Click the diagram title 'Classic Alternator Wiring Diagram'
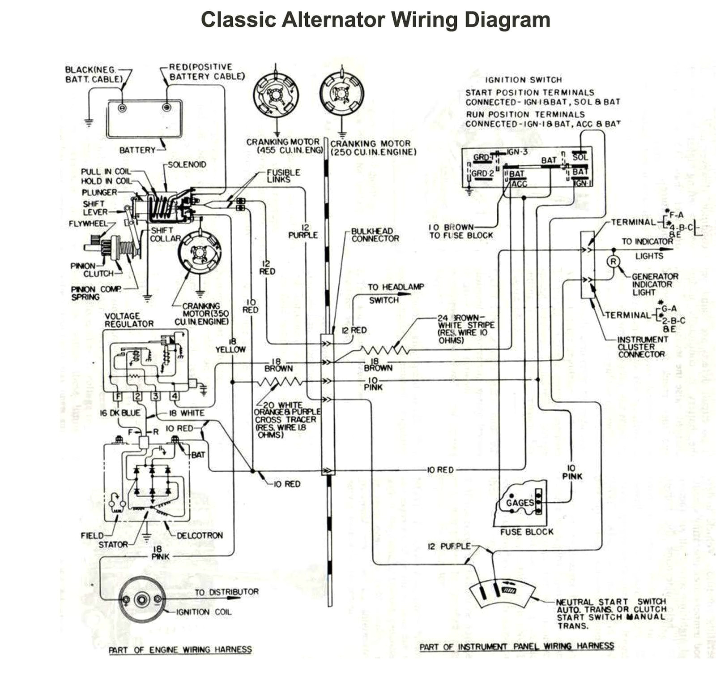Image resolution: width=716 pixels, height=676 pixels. pos(375,20)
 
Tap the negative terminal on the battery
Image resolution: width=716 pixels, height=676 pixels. pos(122,108)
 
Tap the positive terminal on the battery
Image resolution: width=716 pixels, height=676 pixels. pos(166,108)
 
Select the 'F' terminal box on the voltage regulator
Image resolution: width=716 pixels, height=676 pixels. pos(118,396)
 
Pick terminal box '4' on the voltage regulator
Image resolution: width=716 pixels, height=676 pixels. pos(175,396)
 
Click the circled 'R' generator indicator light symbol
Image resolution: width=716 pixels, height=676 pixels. pos(614,262)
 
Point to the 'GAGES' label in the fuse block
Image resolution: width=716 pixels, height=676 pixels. pos(520,503)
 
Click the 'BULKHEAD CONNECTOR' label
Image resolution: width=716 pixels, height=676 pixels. pos(375,235)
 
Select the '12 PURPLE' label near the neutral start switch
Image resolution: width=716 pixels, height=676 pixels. pos(449,546)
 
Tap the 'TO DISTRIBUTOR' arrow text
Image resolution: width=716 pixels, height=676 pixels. pos(226,592)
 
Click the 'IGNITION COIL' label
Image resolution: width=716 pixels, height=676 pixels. pos(204,612)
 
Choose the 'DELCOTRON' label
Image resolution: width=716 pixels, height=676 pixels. pos(200,535)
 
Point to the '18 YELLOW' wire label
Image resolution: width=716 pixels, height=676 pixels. pos(230,346)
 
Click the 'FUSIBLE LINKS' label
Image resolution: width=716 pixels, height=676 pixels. pos(283,176)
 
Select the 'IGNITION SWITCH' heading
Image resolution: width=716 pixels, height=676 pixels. pos(523,80)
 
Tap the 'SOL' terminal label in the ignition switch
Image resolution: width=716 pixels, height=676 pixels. pos(580,157)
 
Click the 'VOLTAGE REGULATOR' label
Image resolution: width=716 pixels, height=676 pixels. pos(129,320)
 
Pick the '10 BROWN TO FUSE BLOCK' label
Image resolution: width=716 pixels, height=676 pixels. pos(460,231)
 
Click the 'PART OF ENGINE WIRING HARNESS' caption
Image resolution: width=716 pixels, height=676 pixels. pos(180,650)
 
